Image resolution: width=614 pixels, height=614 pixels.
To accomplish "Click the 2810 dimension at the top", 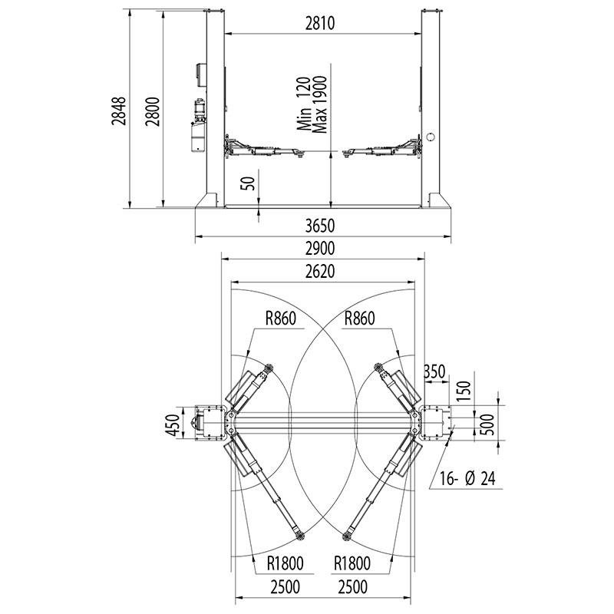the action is (x=320, y=24).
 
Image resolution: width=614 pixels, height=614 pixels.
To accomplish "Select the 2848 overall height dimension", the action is (x=119, y=111).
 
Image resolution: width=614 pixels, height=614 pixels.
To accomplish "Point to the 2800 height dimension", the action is (x=153, y=111).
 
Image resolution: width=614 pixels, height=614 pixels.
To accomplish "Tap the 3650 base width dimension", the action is (x=320, y=226).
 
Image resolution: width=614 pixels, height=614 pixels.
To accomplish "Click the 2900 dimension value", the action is (x=320, y=249).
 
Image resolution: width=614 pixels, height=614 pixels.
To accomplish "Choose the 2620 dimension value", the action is (x=320, y=272).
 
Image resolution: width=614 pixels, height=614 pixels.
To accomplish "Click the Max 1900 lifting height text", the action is (x=319, y=104).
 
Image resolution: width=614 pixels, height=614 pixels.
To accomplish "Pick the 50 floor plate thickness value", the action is (x=248, y=183).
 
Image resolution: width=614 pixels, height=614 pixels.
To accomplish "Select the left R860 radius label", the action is (x=281, y=319).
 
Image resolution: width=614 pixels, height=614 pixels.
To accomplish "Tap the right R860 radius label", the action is (x=359, y=319).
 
